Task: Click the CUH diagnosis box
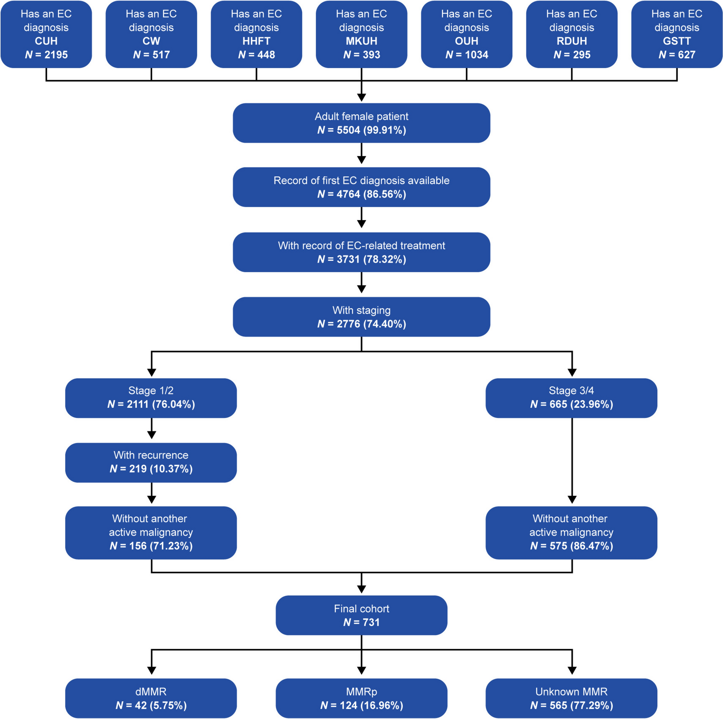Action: [46, 34]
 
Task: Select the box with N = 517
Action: [151, 34]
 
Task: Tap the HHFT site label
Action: [256, 41]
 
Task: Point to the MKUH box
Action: [361, 34]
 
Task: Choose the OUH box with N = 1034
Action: [467, 34]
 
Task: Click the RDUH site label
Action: [572, 41]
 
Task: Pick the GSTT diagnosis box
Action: [677, 34]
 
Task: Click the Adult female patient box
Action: [361, 123]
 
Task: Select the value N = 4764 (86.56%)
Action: [361, 194]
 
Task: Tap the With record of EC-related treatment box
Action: [361, 252]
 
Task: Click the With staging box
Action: [361, 317]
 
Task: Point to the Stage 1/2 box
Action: [151, 398]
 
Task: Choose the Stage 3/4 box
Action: [571, 398]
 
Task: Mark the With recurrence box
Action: [151, 463]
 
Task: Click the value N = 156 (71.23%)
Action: [151, 546]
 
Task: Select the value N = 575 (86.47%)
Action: [571, 546]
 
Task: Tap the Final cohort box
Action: [361, 615]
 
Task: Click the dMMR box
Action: [151, 698]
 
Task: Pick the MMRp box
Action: [361, 698]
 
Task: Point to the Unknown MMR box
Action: [571, 698]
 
